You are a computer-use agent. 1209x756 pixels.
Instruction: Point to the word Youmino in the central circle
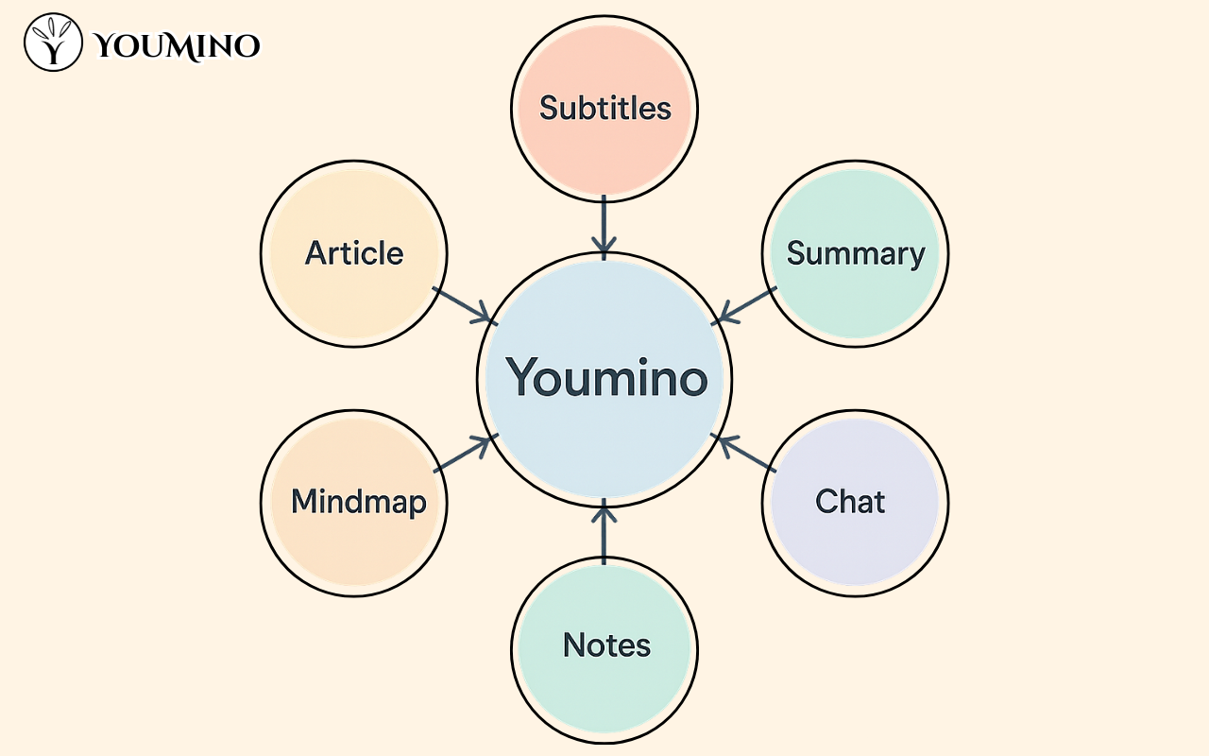pos(606,377)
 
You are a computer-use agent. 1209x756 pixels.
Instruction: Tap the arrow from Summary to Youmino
pos(745,304)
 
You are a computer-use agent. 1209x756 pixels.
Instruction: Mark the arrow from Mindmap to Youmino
pos(464,454)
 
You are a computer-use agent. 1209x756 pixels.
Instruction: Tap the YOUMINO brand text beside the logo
pos(178,44)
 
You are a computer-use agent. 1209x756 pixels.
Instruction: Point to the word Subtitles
pos(604,108)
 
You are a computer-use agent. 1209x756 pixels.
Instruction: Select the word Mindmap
pos(359,502)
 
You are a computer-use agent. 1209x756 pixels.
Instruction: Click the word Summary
pos(856,253)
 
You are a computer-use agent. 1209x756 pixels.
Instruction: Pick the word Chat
pos(850,501)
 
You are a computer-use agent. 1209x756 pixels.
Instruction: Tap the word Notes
pos(606,645)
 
